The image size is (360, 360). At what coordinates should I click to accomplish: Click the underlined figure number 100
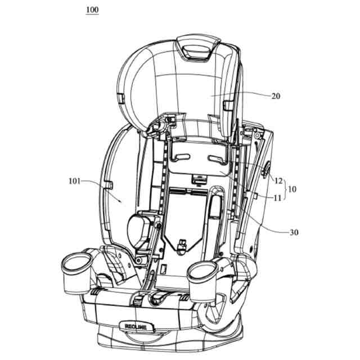coord(92,11)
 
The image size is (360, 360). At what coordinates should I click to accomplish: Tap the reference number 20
coord(276,96)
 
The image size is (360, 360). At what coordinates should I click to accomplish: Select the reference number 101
coord(74,181)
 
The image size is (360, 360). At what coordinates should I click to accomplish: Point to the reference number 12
coord(278,181)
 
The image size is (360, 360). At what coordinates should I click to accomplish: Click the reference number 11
coord(278,197)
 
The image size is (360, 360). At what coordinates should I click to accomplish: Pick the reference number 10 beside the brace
coord(292,189)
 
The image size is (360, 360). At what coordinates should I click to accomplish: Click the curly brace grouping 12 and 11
coord(285,189)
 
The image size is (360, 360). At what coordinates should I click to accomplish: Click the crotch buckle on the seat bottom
coord(182,246)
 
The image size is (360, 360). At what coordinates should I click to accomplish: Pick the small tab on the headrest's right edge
coord(227,105)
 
